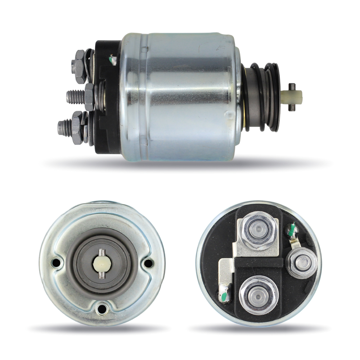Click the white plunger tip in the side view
click(x=296, y=95)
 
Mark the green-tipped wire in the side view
click(x=113, y=59)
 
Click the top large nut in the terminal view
click(x=258, y=230)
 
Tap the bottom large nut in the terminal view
click(x=258, y=293)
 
